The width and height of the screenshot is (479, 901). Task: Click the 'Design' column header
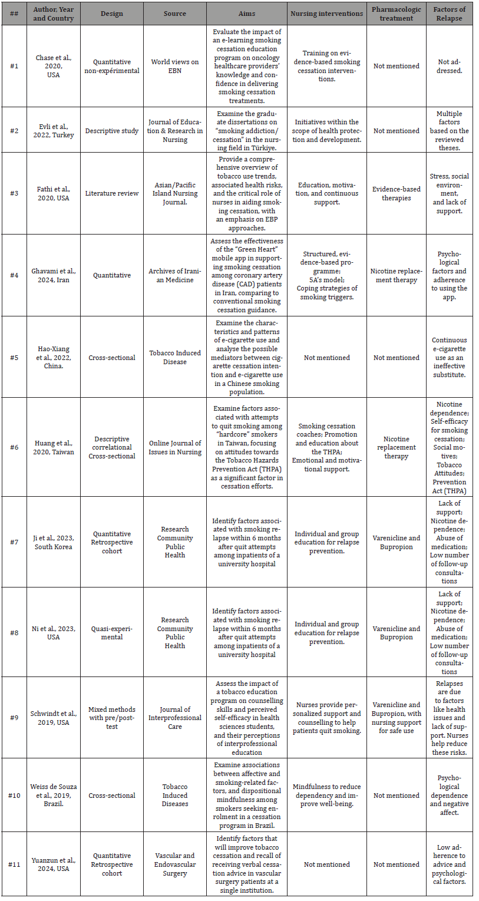coord(112,14)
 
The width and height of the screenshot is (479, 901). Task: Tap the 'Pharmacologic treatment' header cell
coord(397,14)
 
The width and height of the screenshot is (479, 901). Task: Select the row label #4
coord(14,275)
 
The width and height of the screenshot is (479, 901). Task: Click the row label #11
coord(14,864)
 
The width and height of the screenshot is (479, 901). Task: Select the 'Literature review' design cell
coord(112,193)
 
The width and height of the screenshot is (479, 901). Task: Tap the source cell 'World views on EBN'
coord(174,66)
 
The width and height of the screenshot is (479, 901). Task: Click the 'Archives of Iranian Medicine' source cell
coord(174,275)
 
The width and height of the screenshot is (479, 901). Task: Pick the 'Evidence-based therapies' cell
coord(397,193)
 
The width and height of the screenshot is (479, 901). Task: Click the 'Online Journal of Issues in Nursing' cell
coord(174,447)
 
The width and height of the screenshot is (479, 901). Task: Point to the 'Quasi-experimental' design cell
coord(112,633)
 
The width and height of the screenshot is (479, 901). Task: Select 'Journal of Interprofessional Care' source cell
coord(174,718)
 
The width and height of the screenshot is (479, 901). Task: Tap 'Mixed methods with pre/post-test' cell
coord(112,718)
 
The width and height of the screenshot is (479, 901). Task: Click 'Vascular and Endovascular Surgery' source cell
coord(174,864)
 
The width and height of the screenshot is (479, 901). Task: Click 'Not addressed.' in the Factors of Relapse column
coord(449,66)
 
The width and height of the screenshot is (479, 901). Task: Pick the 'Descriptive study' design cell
coord(112,131)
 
